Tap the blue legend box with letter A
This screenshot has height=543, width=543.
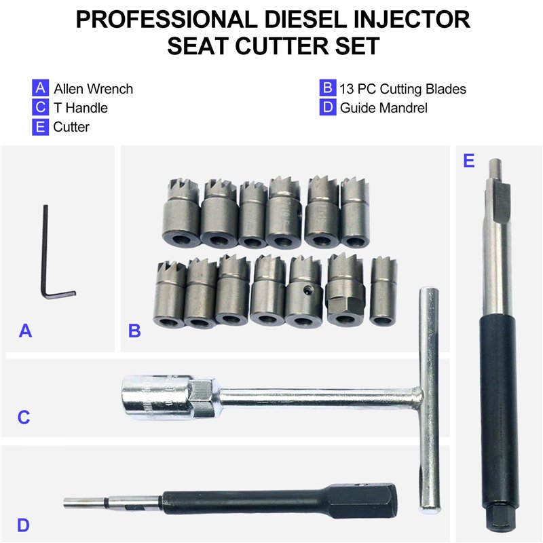40,88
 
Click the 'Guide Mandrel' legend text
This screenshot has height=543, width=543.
383,108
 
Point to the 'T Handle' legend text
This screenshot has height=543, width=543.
81,108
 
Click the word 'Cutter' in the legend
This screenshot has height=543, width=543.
71,127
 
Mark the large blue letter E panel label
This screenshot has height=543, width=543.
468,161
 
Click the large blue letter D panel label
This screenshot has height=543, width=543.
23,525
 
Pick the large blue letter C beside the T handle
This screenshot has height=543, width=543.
24,417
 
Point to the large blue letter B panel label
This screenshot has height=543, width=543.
134,331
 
